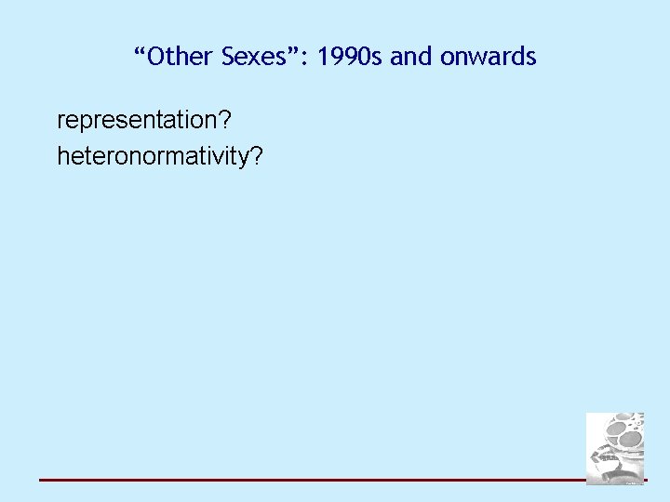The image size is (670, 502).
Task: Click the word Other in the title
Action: (x=182, y=58)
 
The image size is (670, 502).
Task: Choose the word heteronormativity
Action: (x=154, y=156)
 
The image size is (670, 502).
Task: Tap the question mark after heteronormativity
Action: (x=257, y=156)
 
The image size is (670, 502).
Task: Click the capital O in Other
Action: (x=156, y=58)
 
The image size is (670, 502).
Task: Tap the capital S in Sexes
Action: (x=230, y=58)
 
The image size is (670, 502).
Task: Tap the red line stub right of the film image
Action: (x=646, y=481)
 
